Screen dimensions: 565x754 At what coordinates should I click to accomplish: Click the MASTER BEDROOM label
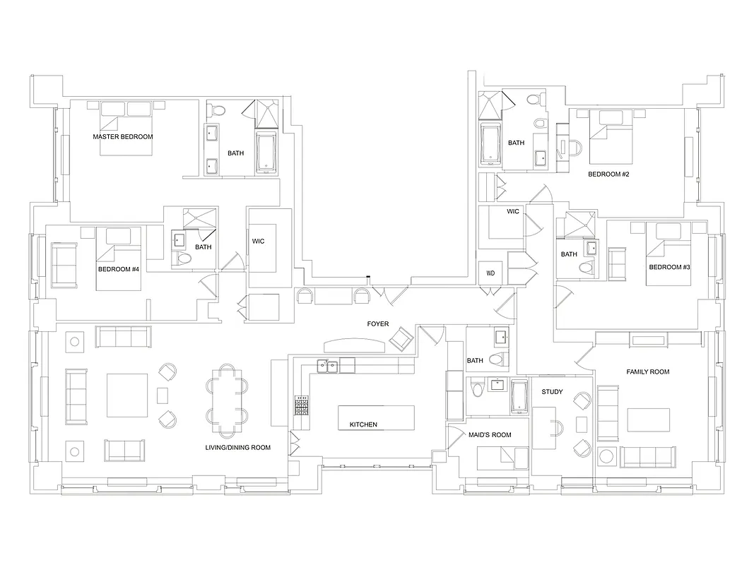click(x=123, y=136)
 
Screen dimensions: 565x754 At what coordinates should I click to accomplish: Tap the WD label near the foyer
click(x=490, y=273)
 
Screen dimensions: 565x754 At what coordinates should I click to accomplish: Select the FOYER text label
click(x=377, y=324)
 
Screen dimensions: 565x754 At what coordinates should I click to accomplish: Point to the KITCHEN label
click(x=363, y=424)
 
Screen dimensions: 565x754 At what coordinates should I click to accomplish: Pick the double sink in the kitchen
click(x=327, y=366)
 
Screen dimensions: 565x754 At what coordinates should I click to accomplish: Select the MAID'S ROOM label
click(x=490, y=434)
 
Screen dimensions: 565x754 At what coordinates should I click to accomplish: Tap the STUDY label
click(x=552, y=391)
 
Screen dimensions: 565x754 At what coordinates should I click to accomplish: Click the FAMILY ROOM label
click(x=647, y=371)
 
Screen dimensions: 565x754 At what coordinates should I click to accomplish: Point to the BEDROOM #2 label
click(x=608, y=174)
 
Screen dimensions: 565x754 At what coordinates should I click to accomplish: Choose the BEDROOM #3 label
click(x=669, y=267)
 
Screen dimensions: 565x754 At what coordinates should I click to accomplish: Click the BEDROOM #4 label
click(x=118, y=269)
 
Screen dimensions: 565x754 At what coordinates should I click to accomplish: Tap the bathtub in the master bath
click(x=266, y=152)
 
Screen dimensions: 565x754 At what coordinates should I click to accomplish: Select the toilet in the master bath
click(x=217, y=109)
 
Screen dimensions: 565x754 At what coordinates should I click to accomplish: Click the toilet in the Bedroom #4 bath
click(x=184, y=259)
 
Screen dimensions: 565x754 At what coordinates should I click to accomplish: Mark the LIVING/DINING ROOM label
click(x=237, y=447)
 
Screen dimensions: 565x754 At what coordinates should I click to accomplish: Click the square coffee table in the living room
click(x=127, y=395)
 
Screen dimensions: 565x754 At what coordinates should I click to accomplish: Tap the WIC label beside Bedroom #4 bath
click(x=258, y=241)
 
